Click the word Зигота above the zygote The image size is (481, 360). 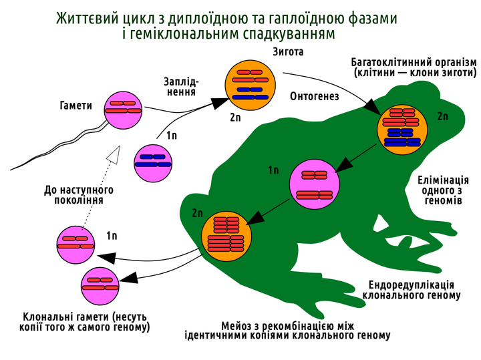288,51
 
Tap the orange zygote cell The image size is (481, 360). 251,85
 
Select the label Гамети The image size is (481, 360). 75,106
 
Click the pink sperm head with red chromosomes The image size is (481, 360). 123,110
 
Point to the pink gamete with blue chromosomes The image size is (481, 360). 153,164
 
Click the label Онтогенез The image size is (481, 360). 315,96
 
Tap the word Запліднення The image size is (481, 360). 181,87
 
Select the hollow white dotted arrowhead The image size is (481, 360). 114,155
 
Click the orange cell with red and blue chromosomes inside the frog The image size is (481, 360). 402,130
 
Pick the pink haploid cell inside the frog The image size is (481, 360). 315,184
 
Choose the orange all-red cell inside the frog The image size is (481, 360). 226,236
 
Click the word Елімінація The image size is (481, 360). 443,180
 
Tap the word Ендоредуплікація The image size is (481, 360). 411,285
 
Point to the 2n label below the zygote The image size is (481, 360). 235,118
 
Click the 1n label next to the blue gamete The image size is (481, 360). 172,135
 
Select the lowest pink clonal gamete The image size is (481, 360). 100,286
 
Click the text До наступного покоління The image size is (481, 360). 79,195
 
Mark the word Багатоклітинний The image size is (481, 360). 387,63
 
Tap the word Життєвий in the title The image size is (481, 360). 83,19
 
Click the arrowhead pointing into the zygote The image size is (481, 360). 220,102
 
